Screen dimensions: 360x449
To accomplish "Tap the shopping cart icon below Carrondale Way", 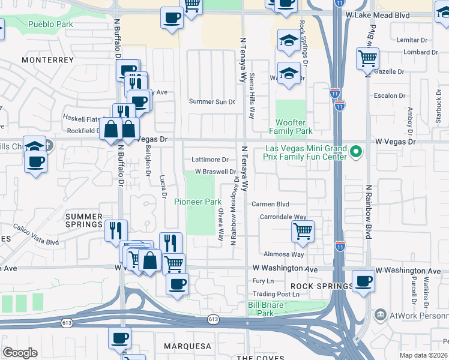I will (303, 231).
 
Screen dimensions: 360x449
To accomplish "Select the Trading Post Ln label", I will (276, 295).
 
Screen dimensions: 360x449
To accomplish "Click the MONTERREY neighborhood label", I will (47, 60).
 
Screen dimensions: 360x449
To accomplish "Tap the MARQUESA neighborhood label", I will (187, 346).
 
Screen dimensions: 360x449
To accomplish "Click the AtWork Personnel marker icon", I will (379, 314).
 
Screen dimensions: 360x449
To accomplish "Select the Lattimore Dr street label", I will (210, 160).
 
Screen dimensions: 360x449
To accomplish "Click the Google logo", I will (20, 353).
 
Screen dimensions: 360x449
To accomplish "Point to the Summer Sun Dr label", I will (211, 101).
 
